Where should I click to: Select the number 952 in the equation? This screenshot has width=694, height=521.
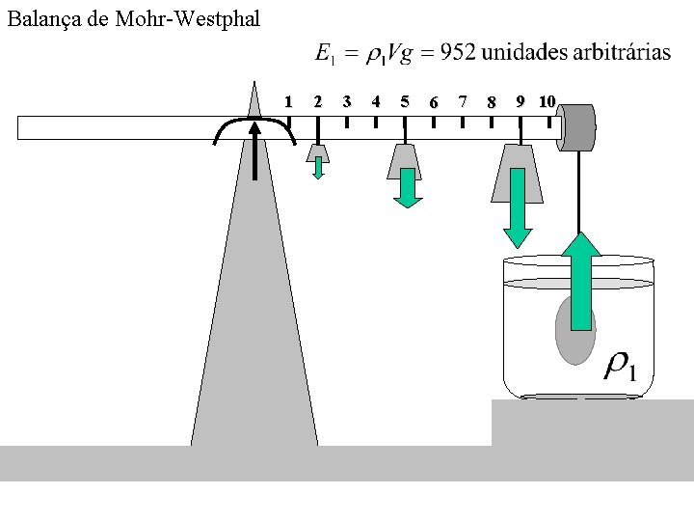[x=457, y=54]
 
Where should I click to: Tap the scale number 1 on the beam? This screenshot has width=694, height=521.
[x=288, y=101]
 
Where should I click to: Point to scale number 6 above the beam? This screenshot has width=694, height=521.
[x=434, y=102]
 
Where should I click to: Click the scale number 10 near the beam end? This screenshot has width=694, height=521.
[x=547, y=101]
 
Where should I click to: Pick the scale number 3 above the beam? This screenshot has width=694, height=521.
[x=346, y=101]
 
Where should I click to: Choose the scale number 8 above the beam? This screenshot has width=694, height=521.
[x=492, y=102]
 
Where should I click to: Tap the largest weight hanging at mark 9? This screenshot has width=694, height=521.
[x=519, y=174]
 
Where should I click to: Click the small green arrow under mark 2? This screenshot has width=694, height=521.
[x=318, y=169]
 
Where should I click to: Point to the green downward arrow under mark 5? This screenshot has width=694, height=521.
[x=408, y=188]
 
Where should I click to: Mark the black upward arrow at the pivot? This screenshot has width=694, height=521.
[x=255, y=150]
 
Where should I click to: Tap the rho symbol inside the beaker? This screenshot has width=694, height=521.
[x=618, y=364]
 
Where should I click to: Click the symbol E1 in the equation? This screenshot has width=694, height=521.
[x=326, y=55]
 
